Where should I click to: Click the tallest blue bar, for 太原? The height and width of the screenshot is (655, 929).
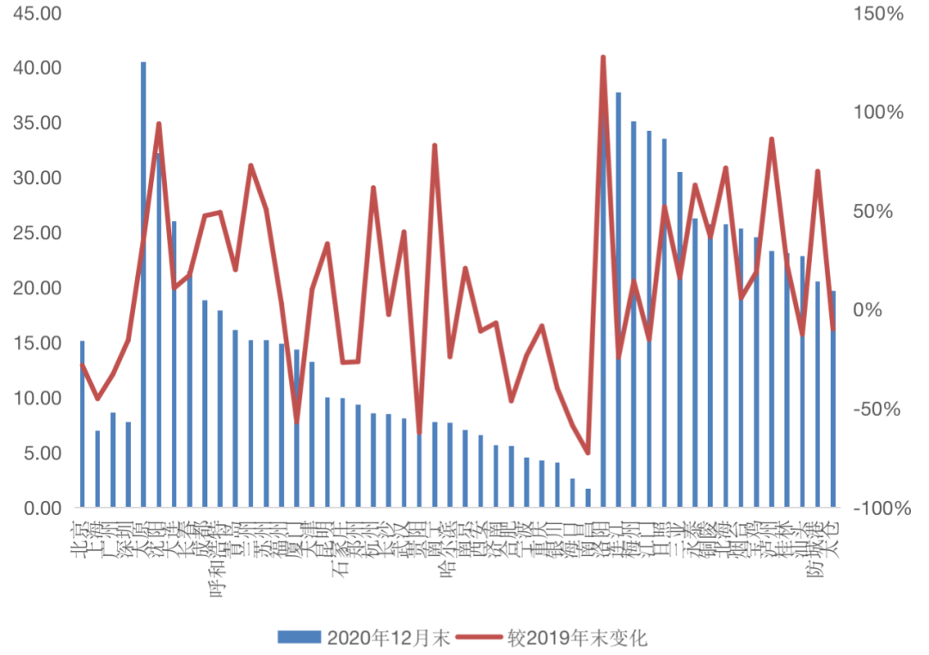tap(144, 284)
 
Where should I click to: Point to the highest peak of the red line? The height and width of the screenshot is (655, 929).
tap(603, 58)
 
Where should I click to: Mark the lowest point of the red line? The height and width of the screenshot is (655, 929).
tap(588, 453)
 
